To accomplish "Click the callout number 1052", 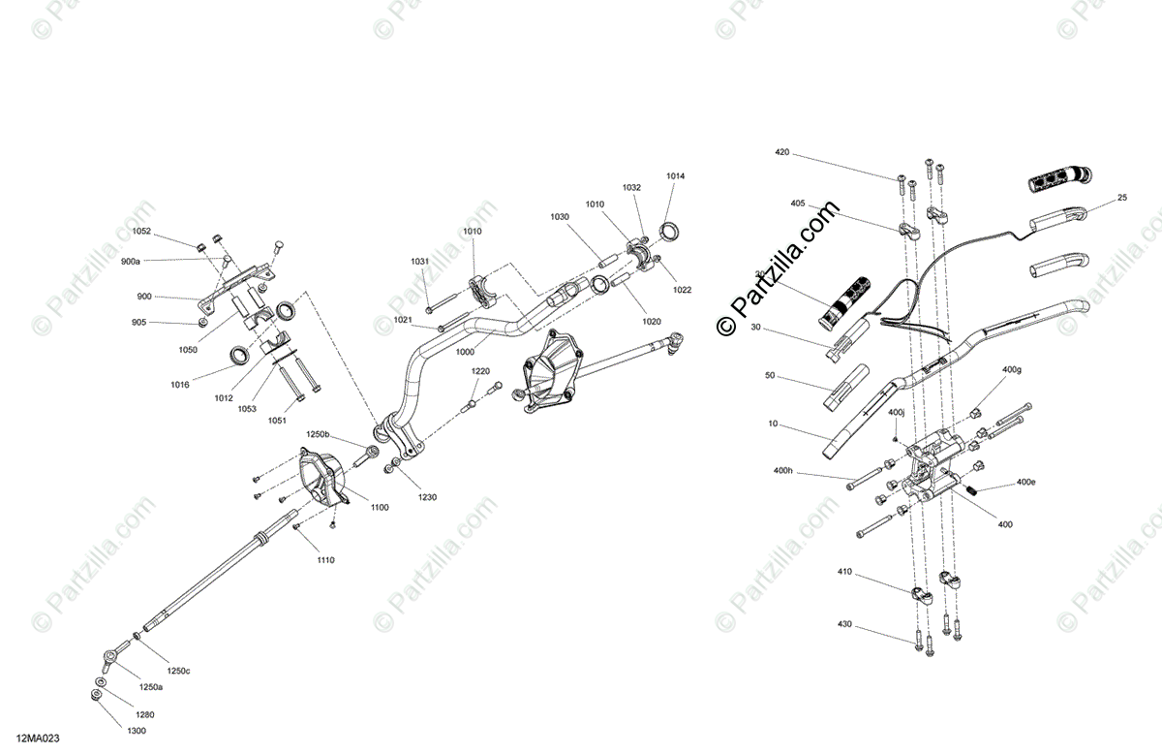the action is [141, 232].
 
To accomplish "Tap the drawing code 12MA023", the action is [36, 738].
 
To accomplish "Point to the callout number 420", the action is [782, 153].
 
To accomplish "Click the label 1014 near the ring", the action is [675, 176].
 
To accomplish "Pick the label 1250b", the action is [319, 434].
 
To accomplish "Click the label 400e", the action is [1025, 482].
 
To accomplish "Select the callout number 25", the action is [1122, 198].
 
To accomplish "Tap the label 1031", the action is [419, 261].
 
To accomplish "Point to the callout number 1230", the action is [427, 497].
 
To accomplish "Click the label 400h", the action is [783, 471].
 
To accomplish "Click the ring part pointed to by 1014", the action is [668, 231].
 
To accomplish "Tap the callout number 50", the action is [771, 375].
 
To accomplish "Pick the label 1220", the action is [481, 371].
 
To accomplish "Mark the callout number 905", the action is [140, 323].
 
